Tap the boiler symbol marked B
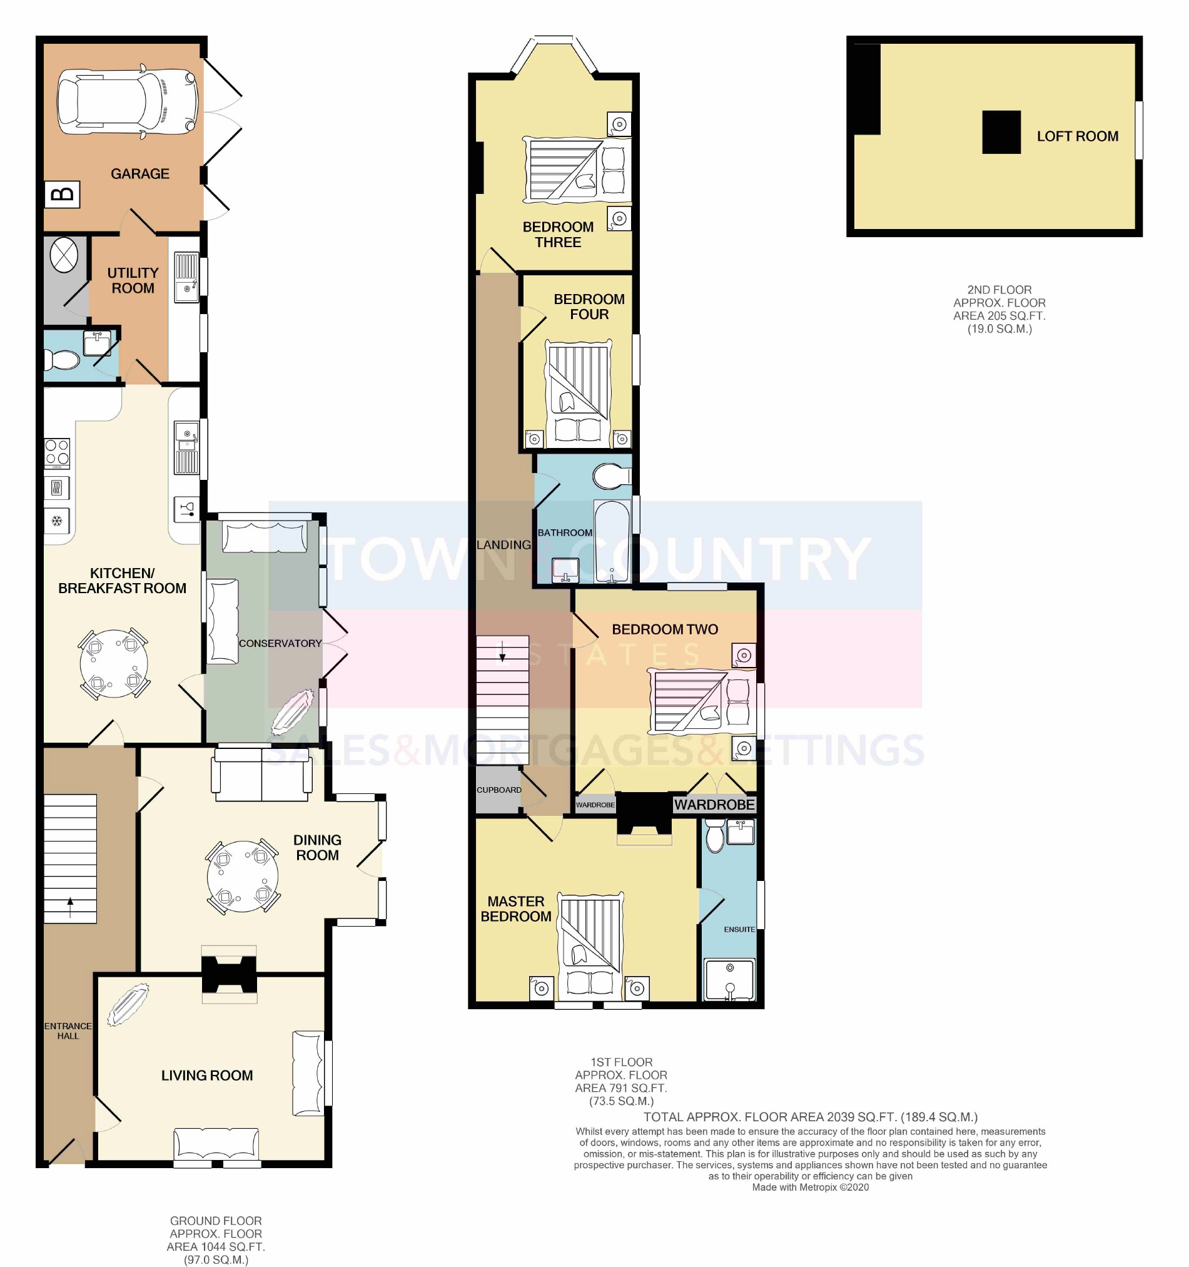(63, 195)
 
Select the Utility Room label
(133, 280)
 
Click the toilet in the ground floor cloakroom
(61, 361)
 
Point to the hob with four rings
(57, 452)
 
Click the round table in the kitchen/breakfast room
(113, 663)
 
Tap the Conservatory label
(280, 643)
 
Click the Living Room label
(206, 1075)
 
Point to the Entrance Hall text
(68, 1030)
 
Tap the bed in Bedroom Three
(577, 170)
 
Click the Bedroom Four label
(589, 307)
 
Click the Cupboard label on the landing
(499, 790)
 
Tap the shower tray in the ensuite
(729, 980)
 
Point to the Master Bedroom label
(515, 909)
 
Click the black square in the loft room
(1001, 132)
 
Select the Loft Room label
(1077, 136)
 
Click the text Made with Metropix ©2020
(810, 1187)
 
